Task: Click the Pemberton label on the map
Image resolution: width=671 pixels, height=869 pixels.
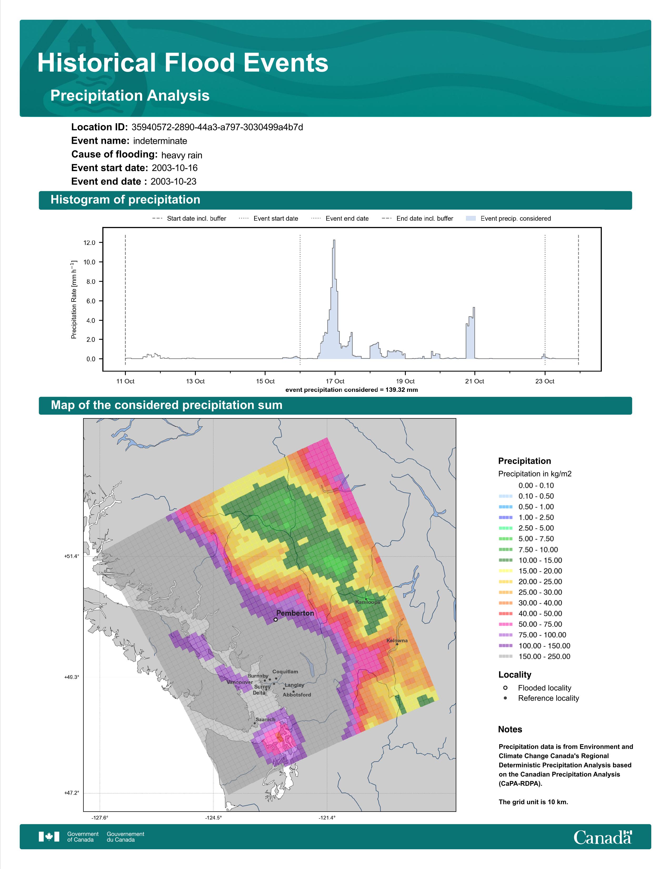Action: click(295, 613)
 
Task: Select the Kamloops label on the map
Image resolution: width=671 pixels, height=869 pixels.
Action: click(368, 602)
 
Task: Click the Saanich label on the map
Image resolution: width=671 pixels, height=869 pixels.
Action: click(265, 719)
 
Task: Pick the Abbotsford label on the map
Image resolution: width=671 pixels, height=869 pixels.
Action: click(297, 695)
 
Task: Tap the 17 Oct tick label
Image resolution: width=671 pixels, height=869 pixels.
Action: click(335, 381)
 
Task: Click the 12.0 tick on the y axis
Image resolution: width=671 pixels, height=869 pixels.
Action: click(89, 243)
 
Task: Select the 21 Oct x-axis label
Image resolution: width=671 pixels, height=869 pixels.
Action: click(475, 381)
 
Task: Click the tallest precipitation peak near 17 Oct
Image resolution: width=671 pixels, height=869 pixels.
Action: click(334, 240)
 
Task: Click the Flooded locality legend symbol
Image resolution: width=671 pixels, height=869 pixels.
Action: click(505, 688)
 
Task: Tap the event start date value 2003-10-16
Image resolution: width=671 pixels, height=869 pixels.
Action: click(174, 168)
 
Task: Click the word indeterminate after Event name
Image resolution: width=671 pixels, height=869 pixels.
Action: click(160, 141)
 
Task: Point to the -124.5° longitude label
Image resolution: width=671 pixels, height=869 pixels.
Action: click(213, 818)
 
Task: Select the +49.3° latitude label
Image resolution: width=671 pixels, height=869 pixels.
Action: click(72, 677)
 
